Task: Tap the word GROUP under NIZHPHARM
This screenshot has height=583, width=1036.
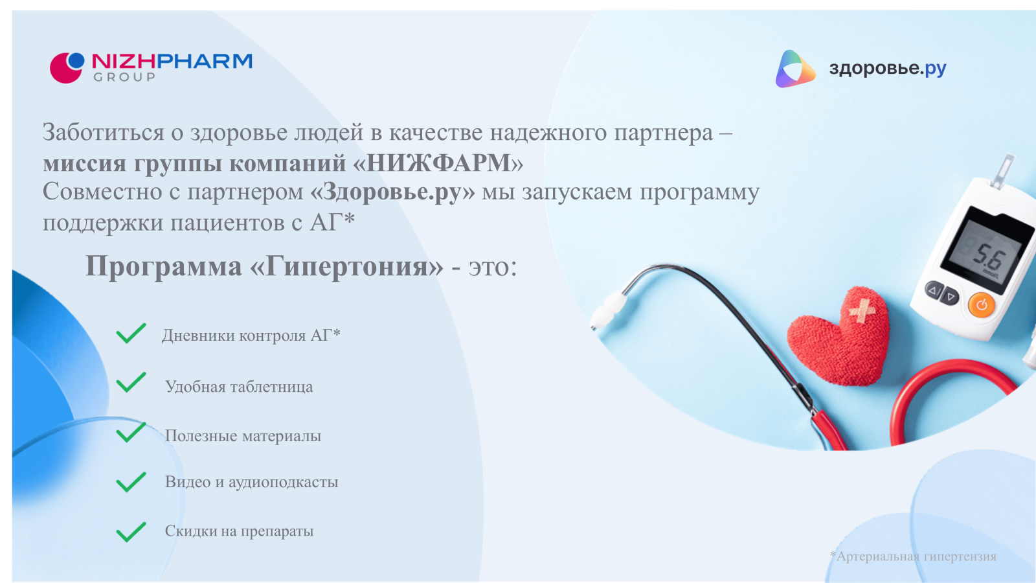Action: [x=124, y=77]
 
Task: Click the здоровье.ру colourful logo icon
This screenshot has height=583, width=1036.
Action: [x=794, y=69]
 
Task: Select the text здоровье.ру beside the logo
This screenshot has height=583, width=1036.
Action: [x=888, y=68]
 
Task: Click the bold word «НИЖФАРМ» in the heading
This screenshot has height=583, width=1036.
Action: [x=438, y=163]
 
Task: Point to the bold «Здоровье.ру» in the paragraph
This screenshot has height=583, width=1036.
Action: [x=392, y=192]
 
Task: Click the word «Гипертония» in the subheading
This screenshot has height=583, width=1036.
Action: [x=347, y=266]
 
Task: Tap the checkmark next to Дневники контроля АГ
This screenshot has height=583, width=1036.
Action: [x=131, y=334]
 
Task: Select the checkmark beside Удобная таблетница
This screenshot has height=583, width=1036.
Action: [x=131, y=383]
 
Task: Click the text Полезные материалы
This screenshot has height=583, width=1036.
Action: [x=243, y=436]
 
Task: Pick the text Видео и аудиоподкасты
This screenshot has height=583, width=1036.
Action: [x=251, y=482]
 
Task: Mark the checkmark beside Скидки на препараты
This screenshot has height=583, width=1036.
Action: [x=131, y=532]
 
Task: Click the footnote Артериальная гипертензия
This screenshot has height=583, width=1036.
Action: [x=916, y=556]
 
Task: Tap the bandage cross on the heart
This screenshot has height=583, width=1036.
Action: [x=862, y=311]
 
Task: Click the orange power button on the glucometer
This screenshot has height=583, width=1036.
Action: [x=981, y=304]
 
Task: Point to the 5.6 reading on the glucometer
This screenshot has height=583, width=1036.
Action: [x=988, y=257]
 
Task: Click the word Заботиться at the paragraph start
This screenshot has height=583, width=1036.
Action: [x=104, y=133]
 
